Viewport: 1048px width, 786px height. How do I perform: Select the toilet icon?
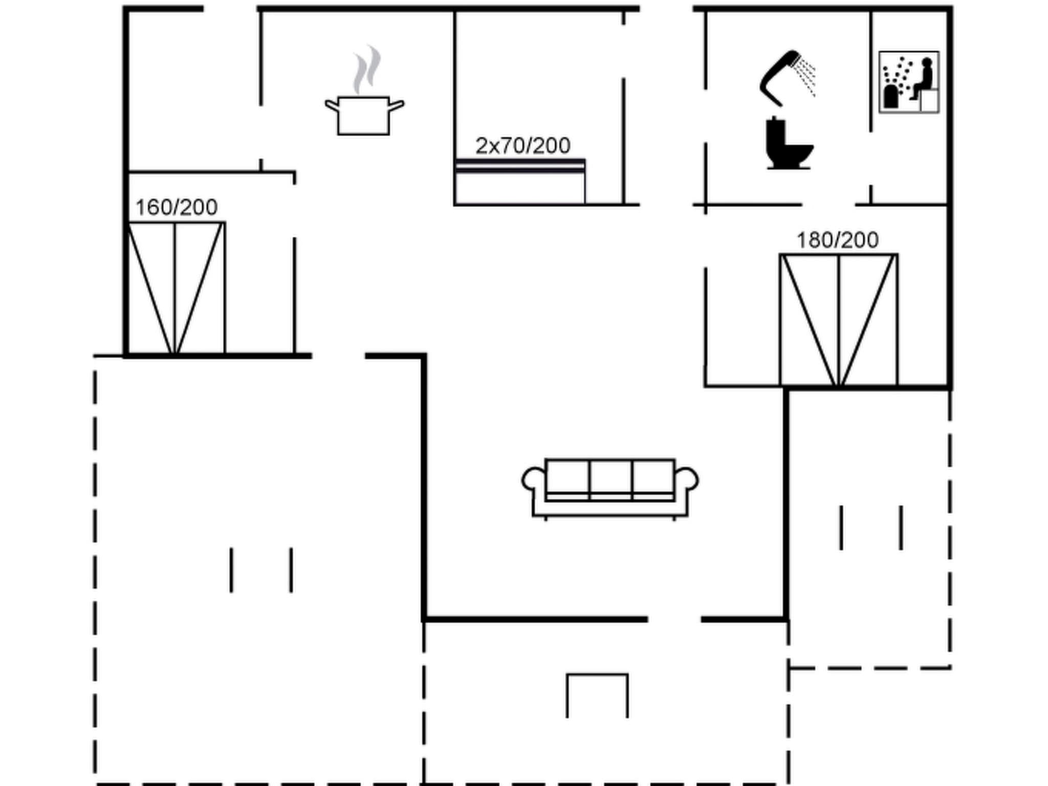(x=788, y=144)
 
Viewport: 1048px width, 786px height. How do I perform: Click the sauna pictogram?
(x=909, y=82)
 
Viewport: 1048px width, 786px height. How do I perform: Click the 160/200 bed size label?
(x=177, y=207)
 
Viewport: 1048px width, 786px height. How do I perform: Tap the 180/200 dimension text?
(x=838, y=240)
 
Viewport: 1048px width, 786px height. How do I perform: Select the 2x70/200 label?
(x=522, y=146)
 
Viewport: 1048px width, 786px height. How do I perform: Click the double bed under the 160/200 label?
(x=176, y=288)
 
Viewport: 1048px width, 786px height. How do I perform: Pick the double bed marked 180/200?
(x=839, y=320)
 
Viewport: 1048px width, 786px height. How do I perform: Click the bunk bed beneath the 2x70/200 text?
(x=520, y=182)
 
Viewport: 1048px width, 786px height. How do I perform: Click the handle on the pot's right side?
(x=396, y=106)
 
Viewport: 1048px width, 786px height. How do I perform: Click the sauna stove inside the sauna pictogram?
(x=891, y=96)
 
